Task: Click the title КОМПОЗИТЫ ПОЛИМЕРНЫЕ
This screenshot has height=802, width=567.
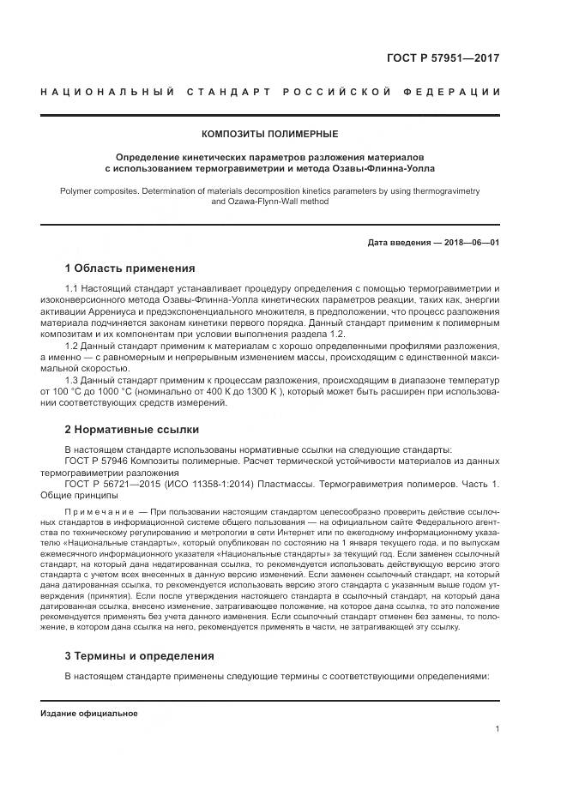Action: tap(269, 135)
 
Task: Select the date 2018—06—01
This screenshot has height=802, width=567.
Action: tap(468, 243)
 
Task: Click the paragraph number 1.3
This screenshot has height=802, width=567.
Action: tap(73, 378)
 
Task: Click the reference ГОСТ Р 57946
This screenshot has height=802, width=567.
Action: tap(96, 461)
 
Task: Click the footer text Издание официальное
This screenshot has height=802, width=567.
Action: tap(89, 714)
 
